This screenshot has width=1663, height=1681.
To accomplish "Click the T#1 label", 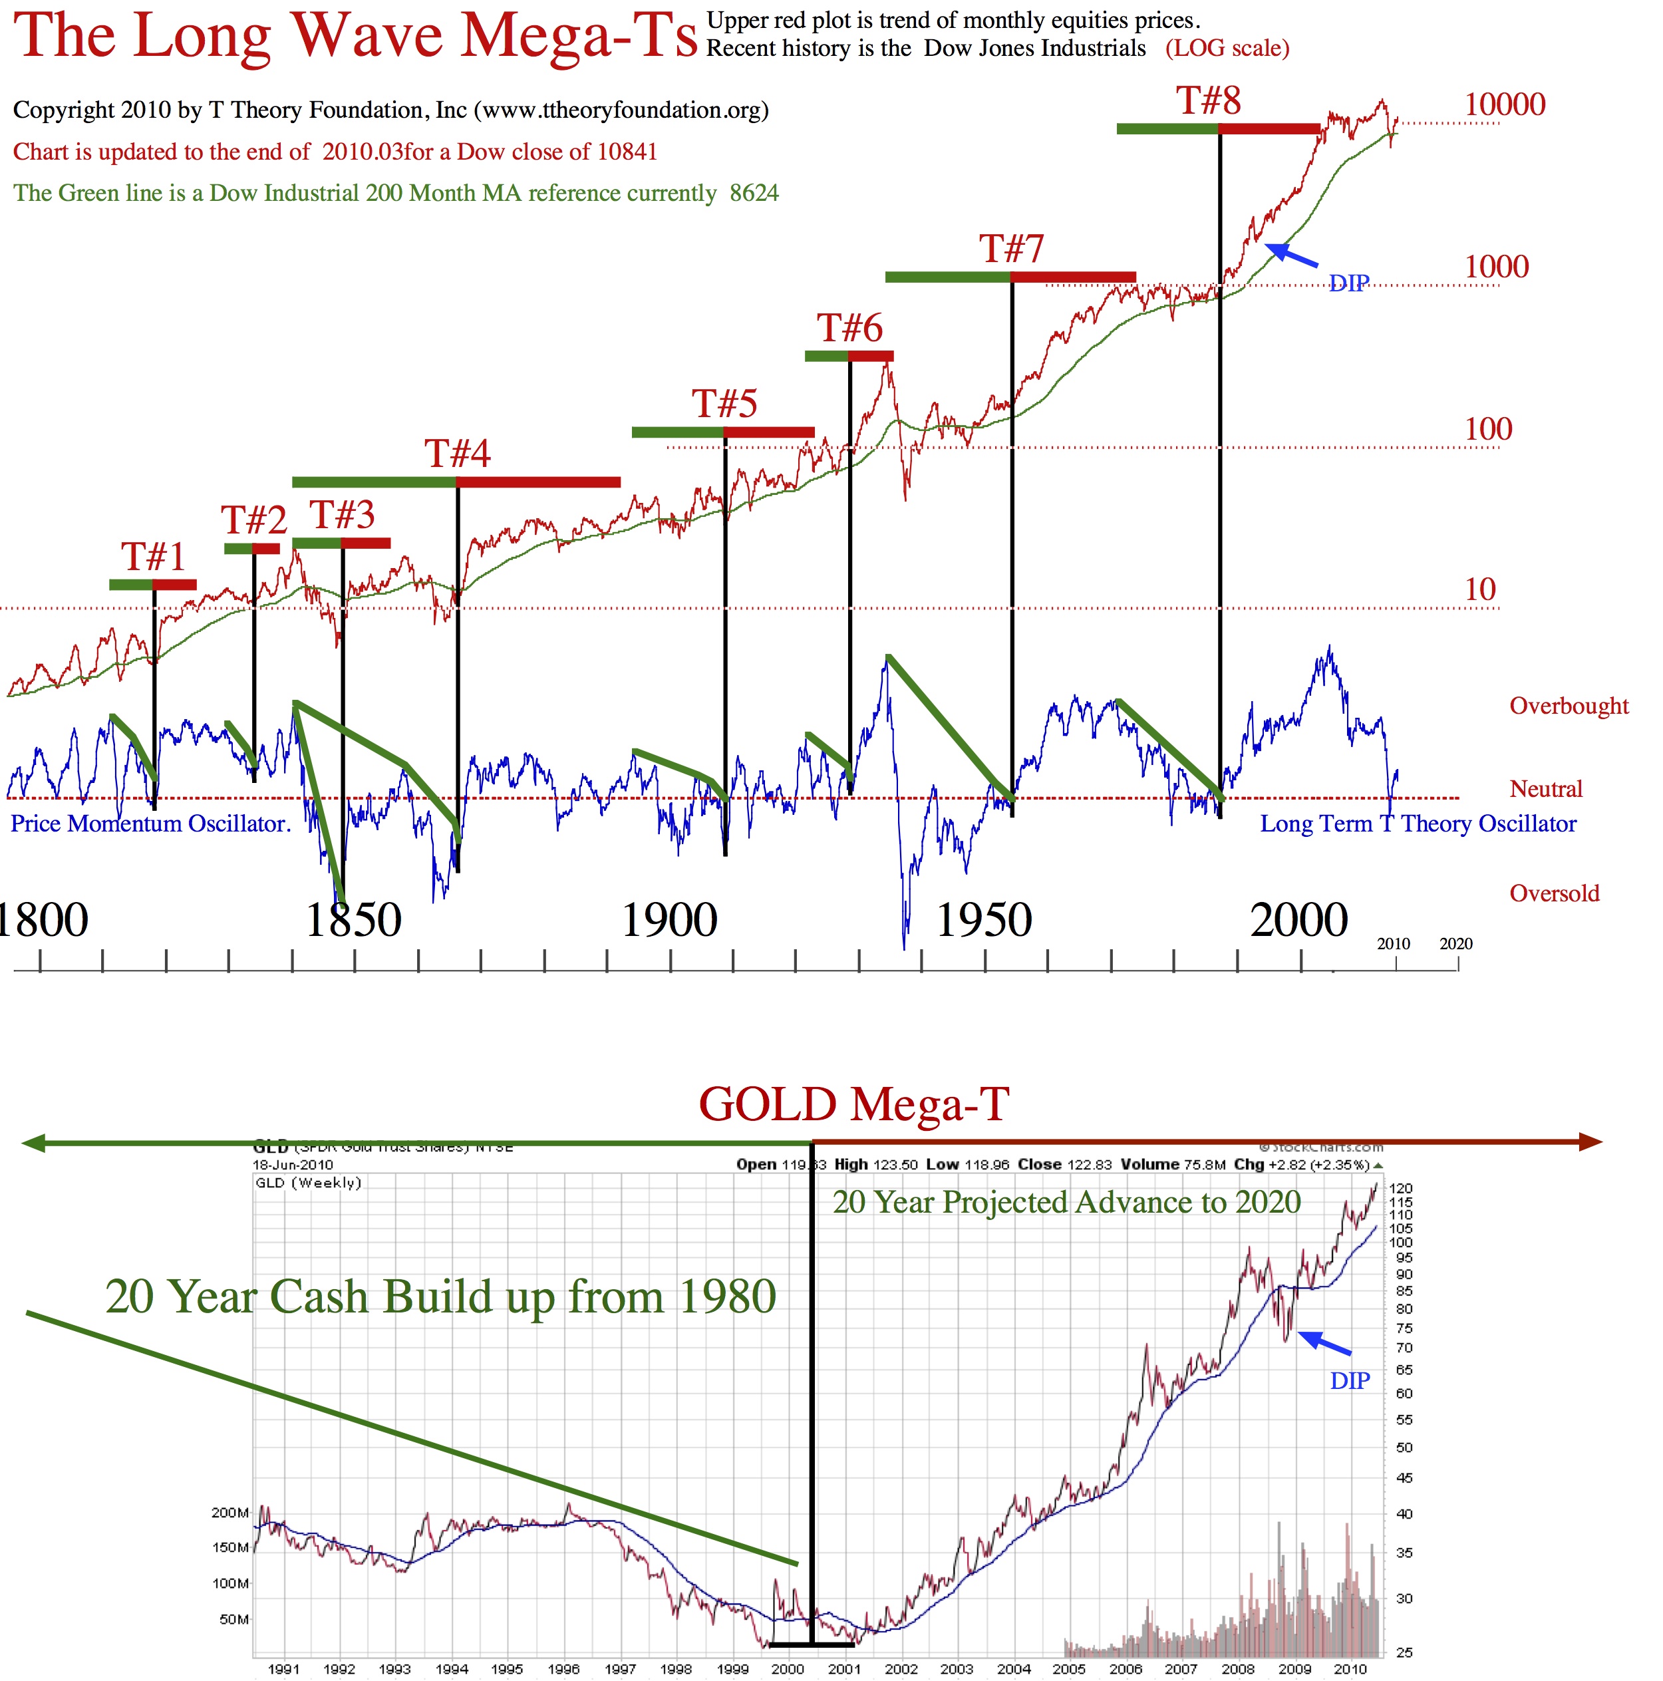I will (x=153, y=556).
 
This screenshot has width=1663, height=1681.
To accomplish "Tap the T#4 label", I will (x=457, y=453).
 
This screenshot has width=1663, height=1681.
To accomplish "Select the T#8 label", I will (x=1209, y=101).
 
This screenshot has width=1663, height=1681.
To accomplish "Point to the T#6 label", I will (x=849, y=328).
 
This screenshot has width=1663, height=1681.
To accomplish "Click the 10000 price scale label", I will (x=1505, y=104).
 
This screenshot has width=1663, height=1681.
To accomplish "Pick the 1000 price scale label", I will (x=1496, y=266).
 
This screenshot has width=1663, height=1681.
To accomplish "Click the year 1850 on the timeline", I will (x=353, y=921).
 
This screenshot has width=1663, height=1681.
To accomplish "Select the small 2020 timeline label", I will (x=1456, y=944).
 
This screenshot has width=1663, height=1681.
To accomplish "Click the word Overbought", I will (x=1568, y=706).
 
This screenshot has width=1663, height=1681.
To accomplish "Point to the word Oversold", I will (x=1554, y=893).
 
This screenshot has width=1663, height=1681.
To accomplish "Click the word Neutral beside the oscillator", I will (x=1545, y=789).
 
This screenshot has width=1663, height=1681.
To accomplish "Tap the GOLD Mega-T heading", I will (x=853, y=1105).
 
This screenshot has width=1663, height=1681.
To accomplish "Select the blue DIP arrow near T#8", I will (x=1290, y=254).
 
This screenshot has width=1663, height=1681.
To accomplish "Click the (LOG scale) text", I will (x=1227, y=48).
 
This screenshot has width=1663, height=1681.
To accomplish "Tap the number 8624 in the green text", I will (x=754, y=192).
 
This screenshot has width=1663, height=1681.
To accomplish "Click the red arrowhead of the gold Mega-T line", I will (x=1590, y=1142).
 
